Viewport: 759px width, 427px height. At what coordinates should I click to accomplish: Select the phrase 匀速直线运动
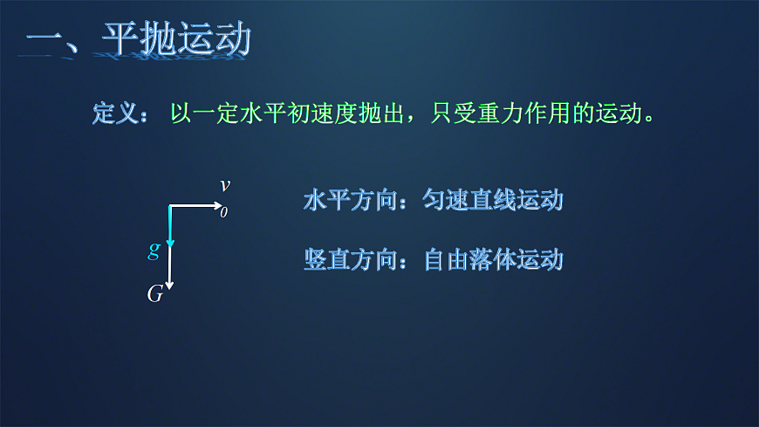[x=493, y=200]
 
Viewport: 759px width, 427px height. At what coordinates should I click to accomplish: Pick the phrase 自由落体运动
[x=493, y=259]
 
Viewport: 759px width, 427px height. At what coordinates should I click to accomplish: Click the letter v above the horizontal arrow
[x=225, y=184]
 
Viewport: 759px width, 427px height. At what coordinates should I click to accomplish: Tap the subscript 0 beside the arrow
[x=223, y=212]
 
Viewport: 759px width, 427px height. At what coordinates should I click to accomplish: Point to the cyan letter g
[x=154, y=251]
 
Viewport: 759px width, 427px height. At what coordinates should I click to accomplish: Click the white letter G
[x=154, y=295]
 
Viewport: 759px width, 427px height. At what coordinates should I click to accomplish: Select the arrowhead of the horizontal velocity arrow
[x=219, y=206]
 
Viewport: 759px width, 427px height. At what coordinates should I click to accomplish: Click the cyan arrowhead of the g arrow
[x=170, y=241]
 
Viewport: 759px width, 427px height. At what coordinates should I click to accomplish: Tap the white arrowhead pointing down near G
[x=170, y=286]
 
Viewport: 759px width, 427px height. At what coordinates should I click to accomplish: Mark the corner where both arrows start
[x=170, y=206]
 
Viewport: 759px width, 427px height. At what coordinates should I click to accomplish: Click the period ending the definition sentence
[x=648, y=119]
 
